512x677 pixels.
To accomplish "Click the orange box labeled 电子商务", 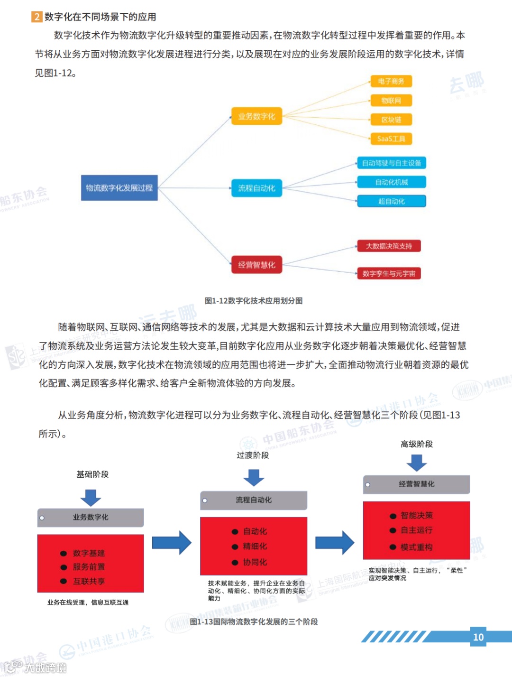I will (391, 81).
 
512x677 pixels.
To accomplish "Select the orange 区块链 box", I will (391, 120).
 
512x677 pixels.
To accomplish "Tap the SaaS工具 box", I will (391, 139).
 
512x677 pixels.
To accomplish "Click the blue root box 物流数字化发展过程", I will (119, 188).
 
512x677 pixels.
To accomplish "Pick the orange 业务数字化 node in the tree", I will (256, 116).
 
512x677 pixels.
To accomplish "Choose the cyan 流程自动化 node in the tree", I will (256, 188).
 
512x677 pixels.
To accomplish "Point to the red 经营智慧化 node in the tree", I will (256, 265).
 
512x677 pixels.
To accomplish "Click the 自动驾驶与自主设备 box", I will (392, 163).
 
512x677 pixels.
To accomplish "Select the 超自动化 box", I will (392, 201).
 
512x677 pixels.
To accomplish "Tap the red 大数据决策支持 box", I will (389, 246).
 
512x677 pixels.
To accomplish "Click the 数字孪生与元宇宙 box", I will (389, 273).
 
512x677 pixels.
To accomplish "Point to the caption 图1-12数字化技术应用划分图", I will (254, 301).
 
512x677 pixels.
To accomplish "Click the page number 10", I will (478, 637).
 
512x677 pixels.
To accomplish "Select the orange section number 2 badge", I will (37, 17).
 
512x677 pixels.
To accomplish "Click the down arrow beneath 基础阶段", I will (91, 498).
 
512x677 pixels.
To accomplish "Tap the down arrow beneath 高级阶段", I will (417, 463).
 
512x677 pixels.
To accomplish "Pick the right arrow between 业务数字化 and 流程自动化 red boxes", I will (172, 542).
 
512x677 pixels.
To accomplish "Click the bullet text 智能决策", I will (416, 516).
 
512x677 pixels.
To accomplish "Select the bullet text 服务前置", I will (89, 567).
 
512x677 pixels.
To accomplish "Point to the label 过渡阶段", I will (253, 455).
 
